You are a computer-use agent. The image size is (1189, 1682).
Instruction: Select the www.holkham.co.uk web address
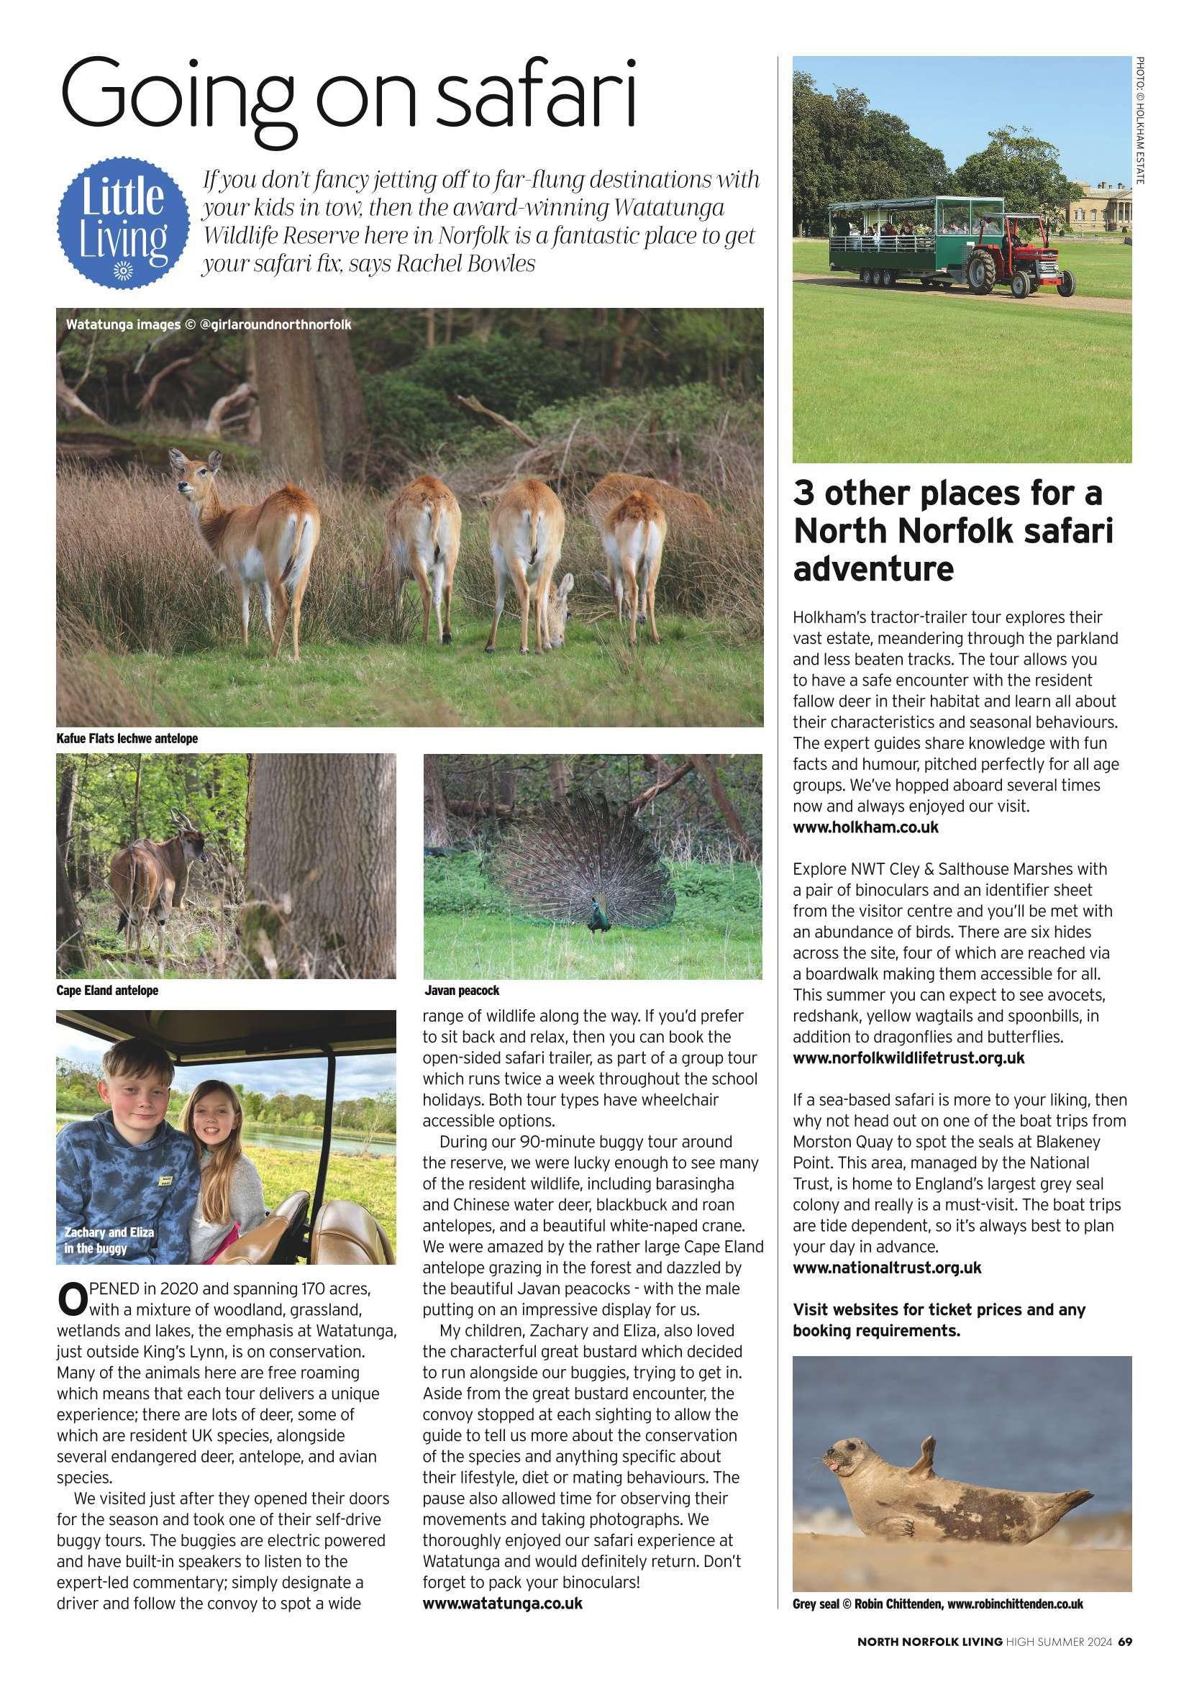865,828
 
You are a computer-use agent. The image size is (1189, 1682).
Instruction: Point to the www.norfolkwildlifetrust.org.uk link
908,1058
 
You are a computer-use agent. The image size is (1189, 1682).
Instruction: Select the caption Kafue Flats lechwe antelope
127,738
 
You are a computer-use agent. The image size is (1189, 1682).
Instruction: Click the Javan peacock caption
462,991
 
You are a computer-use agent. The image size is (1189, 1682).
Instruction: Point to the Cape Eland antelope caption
107,991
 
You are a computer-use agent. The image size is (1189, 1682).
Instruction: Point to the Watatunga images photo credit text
208,324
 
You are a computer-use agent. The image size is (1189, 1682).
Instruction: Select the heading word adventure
873,568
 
